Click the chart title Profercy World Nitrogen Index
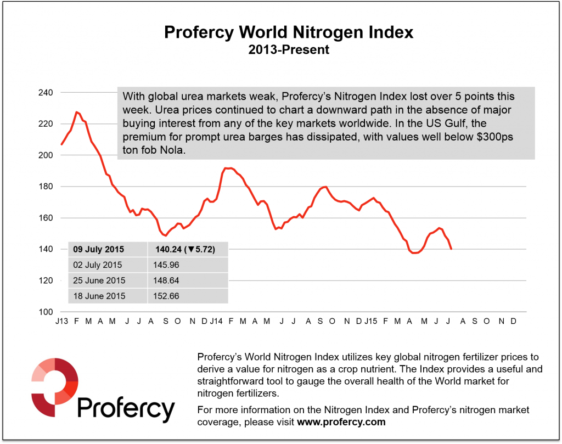(289, 33)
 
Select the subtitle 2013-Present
(289, 49)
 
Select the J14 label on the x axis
(215, 321)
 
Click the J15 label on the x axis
(369, 321)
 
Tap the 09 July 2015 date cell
(99, 249)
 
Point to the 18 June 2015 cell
(99, 296)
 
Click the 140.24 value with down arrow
(184, 249)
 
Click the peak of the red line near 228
(77, 112)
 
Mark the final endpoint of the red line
(451, 249)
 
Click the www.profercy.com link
(341, 422)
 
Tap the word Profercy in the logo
(126, 409)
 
